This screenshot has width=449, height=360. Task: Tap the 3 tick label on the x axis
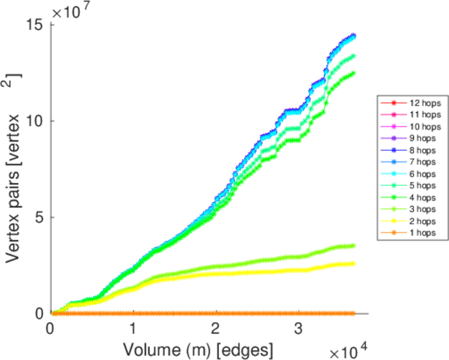coord(298,329)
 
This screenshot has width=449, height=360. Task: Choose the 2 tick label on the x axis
coord(215,329)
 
